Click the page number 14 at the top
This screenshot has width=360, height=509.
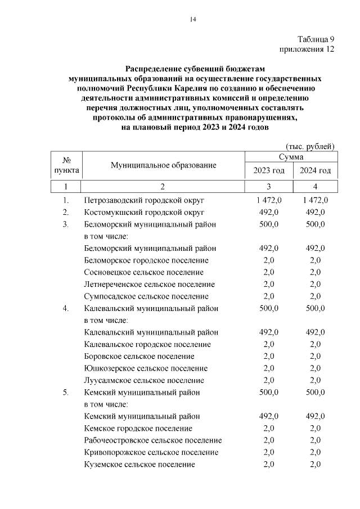(192, 20)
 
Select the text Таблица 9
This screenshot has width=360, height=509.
(316, 39)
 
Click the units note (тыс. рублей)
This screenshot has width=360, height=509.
(310, 146)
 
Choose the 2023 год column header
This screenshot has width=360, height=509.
(269, 170)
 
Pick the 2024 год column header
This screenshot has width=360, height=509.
(315, 170)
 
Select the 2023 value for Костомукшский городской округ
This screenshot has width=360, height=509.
(269, 212)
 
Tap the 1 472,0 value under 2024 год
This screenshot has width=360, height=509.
(315, 200)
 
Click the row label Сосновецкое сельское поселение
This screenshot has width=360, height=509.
(143, 272)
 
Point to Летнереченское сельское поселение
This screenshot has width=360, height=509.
(149, 285)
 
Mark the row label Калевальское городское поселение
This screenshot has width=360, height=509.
(147, 344)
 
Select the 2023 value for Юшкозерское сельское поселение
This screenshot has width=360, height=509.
(269, 368)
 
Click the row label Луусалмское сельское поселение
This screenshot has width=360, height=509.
(144, 380)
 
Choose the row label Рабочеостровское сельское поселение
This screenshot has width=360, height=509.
(152, 440)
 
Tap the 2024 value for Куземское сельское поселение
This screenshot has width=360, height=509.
(315, 464)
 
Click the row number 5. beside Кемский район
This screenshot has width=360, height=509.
(66, 393)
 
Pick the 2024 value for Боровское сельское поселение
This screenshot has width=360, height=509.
(315, 357)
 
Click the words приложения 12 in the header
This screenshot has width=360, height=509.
(307, 49)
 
